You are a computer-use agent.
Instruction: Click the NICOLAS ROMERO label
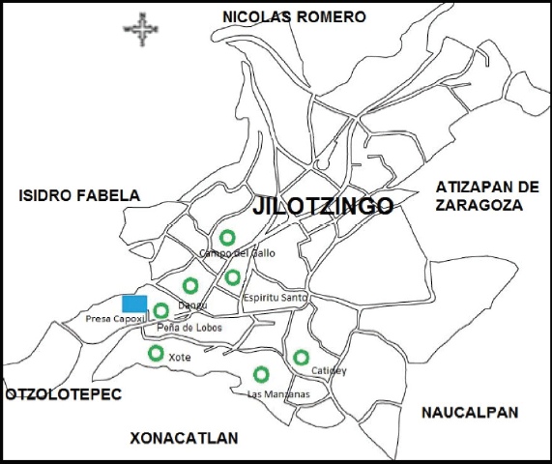click(294, 16)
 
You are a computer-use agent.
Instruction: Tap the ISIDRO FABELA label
click(79, 195)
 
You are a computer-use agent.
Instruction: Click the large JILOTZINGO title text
click(323, 207)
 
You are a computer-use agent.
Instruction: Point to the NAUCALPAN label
click(470, 413)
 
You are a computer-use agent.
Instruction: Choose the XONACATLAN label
click(184, 439)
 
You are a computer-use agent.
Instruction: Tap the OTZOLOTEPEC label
click(64, 395)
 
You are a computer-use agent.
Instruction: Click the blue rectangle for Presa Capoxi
click(134, 304)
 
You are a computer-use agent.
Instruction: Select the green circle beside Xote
click(156, 353)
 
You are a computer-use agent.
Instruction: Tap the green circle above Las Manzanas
click(261, 374)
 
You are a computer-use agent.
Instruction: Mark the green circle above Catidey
click(302, 357)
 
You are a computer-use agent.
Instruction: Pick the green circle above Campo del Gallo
click(227, 237)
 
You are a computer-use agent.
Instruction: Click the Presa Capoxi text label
click(114, 318)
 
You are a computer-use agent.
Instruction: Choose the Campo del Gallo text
click(237, 253)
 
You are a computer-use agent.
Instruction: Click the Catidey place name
click(329, 371)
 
